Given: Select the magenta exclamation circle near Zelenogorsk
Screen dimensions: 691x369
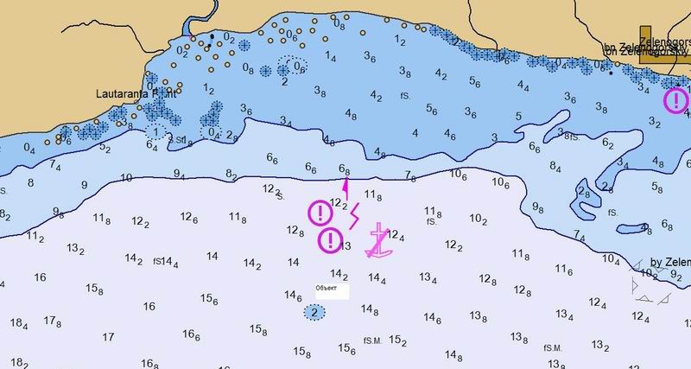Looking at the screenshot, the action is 675,101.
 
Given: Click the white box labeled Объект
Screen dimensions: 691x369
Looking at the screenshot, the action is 331,290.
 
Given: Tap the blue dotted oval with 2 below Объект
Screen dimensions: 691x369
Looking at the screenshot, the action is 315,312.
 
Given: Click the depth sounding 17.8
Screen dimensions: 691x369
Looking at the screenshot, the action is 53,321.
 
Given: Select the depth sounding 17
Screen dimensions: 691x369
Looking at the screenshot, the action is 109,335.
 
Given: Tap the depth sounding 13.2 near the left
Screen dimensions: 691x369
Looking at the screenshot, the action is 76,250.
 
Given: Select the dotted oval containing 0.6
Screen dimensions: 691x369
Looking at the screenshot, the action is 293,67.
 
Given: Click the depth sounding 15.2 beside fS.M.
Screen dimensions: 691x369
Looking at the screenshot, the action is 398,340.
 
